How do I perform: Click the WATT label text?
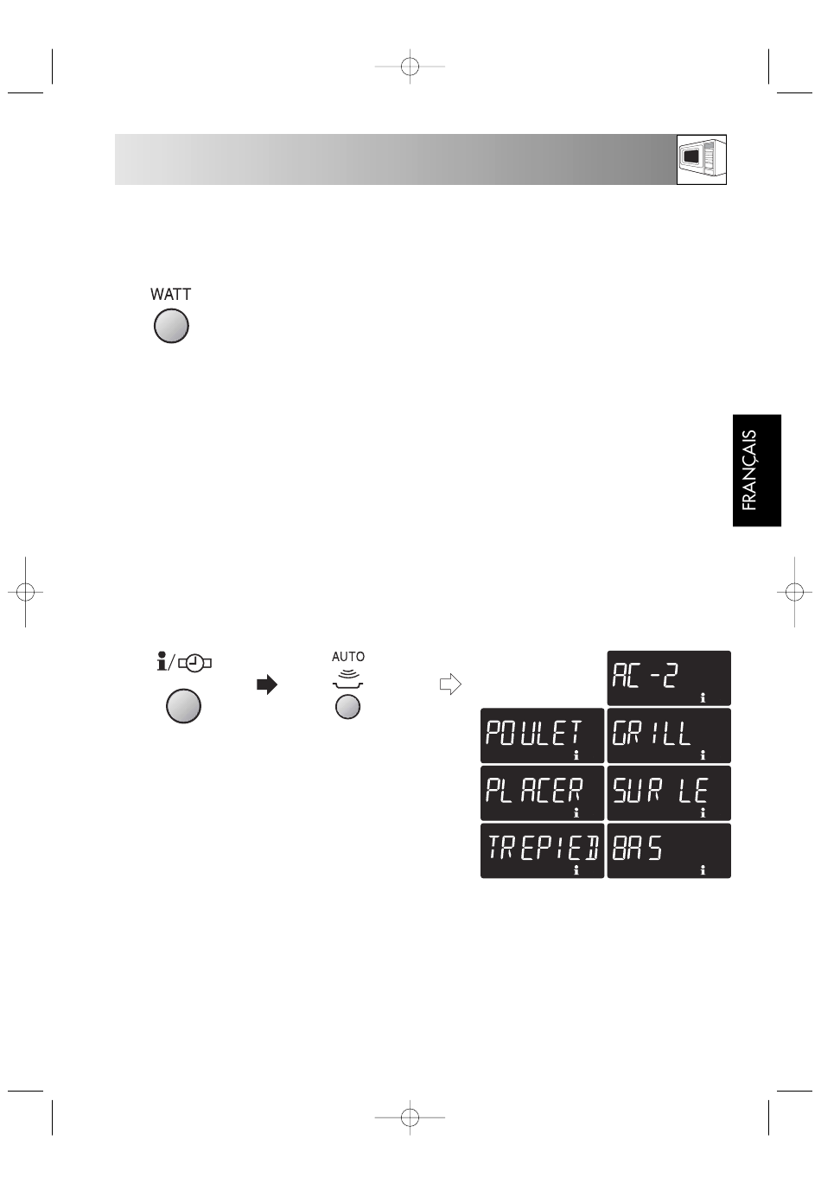tap(170, 295)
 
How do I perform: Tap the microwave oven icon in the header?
tap(702, 159)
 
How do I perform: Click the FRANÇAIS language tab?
tap(756, 470)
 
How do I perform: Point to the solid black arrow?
tap(267, 685)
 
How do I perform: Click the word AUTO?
tap(348, 657)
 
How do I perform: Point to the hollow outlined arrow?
tap(450, 684)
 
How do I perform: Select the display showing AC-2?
tap(669, 678)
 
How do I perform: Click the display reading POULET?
tap(542, 735)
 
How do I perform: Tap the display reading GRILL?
tap(669, 735)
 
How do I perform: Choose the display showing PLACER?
tap(542, 793)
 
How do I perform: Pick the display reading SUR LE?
tap(669, 793)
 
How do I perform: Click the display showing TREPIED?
tap(542, 850)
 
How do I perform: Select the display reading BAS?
tap(669, 850)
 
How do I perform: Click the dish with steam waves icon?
tap(348, 678)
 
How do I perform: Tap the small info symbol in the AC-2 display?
tap(703, 697)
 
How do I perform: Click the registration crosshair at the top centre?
tap(410, 67)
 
